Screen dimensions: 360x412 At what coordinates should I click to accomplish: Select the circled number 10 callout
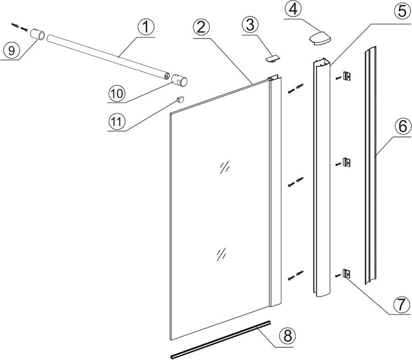coord(117,93)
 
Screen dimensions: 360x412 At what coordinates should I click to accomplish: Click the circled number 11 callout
coord(117,122)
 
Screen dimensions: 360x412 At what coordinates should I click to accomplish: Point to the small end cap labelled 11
coord(180,99)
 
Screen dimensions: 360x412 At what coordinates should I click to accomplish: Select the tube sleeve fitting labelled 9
coord(38,35)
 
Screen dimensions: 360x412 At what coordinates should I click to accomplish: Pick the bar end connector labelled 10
coord(179,82)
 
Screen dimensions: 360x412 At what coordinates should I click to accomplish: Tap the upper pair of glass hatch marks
coord(224,168)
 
